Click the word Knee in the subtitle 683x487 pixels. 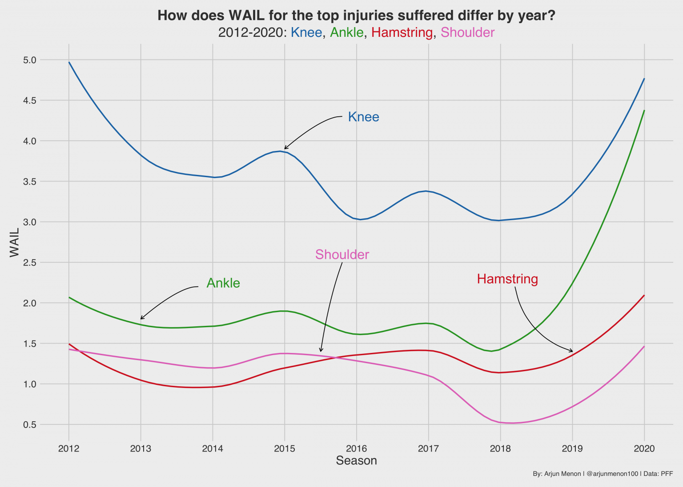pyautogui.click(x=306, y=32)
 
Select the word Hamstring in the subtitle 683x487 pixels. pyautogui.click(x=402, y=32)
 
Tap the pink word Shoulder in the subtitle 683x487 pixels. pyautogui.click(x=467, y=32)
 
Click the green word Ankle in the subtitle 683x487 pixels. pyautogui.click(x=347, y=32)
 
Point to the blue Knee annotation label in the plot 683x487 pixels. pyautogui.click(x=363, y=117)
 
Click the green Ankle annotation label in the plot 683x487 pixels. pyautogui.click(x=223, y=283)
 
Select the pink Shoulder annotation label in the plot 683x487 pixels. pyautogui.click(x=342, y=254)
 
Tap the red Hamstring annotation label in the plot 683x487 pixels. pyautogui.click(x=507, y=279)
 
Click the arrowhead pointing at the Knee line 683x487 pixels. pyautogui.click(x=285, y=148)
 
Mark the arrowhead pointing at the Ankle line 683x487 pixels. pyautogui.click(x=141, y=318)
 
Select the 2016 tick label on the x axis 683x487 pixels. pyautogui.click(x=356, y=448)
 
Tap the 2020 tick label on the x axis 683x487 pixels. pyautogui.click(x=644, y=448)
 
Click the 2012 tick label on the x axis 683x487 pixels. pyautogui.click(x=69, y=448)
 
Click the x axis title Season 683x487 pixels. pyautogui.click(x=356, y=461)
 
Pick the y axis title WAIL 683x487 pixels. pyautogui.click(x=15, y=242)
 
